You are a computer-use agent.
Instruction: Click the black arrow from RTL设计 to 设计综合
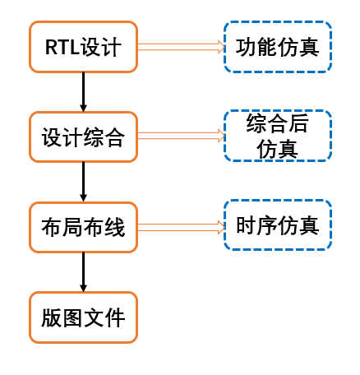[83, 92]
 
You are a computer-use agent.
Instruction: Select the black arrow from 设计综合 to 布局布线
[83, 183]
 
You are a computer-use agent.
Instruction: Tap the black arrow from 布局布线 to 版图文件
[83, 272]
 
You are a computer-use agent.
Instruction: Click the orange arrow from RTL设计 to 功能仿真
[181, 47]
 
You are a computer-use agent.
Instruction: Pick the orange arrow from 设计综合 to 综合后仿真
[181, 136]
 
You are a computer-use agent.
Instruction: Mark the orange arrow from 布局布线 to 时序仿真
[181, 227]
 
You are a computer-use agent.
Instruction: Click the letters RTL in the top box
[62, 47]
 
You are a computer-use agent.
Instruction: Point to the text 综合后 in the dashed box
[278, 123]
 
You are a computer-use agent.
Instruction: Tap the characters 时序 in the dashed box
[256, 225]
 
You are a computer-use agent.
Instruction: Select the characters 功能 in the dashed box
[256, 47]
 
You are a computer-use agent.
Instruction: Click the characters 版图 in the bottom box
[62, 317]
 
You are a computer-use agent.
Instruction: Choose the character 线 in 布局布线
[115, 227]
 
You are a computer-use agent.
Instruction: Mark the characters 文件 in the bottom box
[104, 317]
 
